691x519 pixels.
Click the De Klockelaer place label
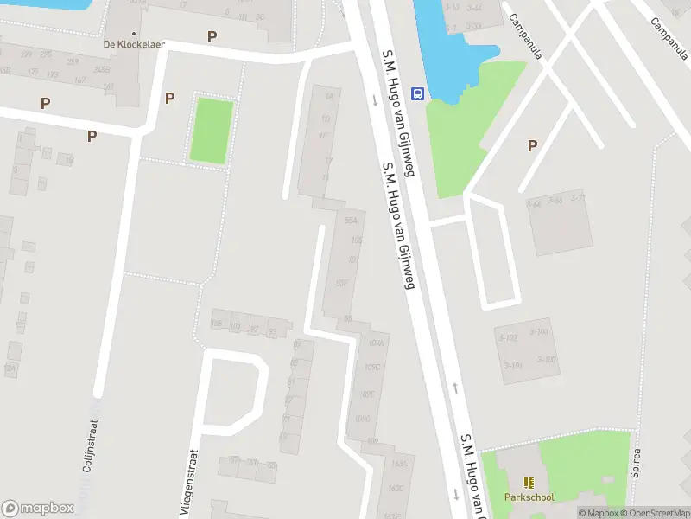pos(134,44)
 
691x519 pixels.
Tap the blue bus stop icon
pos(417,93)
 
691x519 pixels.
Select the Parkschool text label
pos(529,497)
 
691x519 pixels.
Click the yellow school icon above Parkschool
pos(529,483)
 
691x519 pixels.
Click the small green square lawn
pos(211,131)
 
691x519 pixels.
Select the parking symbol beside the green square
pos(169,98)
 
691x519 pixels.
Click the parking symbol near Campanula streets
pos(532,146)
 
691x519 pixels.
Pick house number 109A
pos(375,343)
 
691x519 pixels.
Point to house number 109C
pos(372,367)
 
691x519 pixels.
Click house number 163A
pos(398,464)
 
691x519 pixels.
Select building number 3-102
pos(507,337)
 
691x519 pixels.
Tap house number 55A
pos(351,221)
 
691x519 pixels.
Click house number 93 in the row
pos(273,331)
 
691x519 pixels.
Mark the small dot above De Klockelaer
pos(134,33)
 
